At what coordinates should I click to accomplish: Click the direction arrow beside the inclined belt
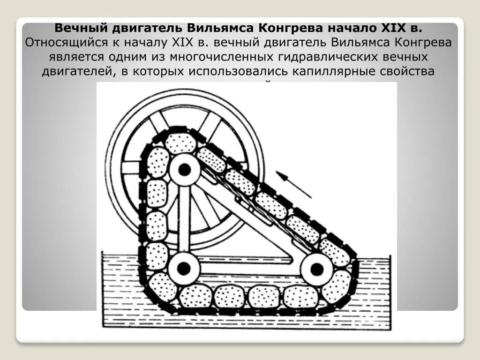[293, 185]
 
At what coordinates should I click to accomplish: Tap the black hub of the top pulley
[185, 170]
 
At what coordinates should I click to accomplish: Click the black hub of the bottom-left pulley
[184, 269]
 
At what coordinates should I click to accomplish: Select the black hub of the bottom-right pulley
[317, 269]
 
